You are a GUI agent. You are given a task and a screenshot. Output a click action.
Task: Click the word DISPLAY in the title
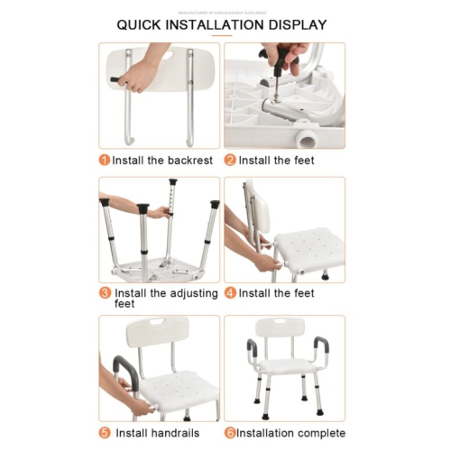[x=292, y=24]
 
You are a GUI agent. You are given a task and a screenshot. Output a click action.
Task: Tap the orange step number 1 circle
[x=105, y=161]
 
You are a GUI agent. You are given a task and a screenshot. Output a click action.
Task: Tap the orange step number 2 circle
[x=230, y=161]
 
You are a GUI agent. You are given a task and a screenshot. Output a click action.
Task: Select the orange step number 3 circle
[x=105, y=293]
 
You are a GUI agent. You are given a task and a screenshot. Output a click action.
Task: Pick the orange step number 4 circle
[x=230, y=293]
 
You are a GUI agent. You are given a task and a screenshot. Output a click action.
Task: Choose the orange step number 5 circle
[x=105, y=432]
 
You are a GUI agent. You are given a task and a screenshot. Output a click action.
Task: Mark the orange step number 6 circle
[x=230, y=432]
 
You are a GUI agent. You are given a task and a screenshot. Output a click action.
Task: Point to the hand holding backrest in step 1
[x=140, y=77]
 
